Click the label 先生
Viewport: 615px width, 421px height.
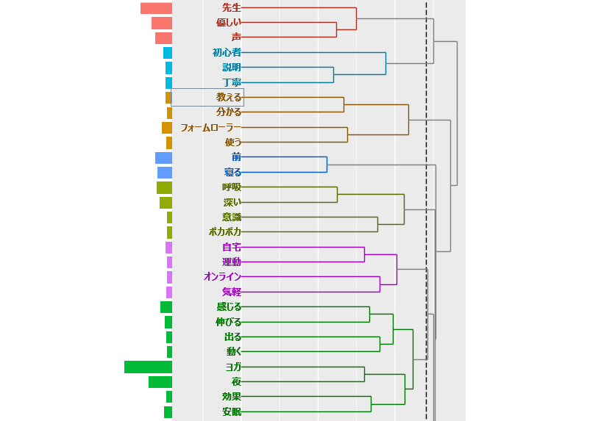click(232, 7)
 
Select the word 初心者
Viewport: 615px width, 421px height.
click(227, 52)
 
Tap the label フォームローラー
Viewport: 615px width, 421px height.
click(210, 128)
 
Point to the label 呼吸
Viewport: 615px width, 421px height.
click(232, 187)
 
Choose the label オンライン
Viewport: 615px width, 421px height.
click(222, 277)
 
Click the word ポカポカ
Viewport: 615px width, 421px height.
click(225, 232)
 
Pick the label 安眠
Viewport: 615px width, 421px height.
click(232, 411)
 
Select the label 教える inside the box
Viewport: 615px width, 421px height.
click(229, 97)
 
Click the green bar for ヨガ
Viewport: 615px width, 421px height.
click(149, 367)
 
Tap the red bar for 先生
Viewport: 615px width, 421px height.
click(157, 8)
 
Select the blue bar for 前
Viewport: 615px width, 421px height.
click(163, 158)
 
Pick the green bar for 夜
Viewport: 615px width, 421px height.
click(160, 382)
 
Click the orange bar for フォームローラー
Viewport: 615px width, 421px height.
click(167, 128)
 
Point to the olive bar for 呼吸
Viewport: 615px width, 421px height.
click(164, 187)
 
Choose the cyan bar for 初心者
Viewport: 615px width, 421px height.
click(168, 53)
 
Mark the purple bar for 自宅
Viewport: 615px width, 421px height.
click(168, 248)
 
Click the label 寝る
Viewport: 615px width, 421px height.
click(232, 173)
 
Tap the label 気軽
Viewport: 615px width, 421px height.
click(232, 292)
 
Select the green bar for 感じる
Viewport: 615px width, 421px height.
click(166, 307)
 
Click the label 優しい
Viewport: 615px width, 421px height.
click(229, 22)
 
